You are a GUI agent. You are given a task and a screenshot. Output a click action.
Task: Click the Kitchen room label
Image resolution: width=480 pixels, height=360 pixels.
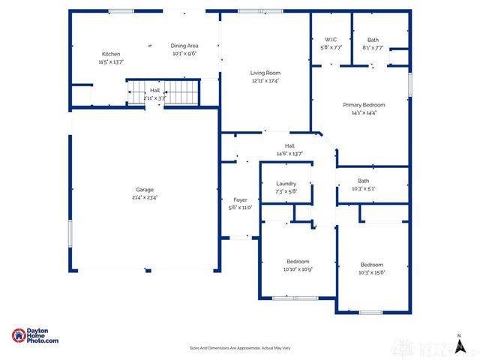pyautogui.click(x=111, y=54)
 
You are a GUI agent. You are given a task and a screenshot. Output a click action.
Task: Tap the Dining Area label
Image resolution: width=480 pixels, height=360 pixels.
pyautogui.click(x=183, y=46)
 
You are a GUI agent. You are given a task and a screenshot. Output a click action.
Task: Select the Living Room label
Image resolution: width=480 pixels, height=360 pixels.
pyautogui.click(x=265, y=73)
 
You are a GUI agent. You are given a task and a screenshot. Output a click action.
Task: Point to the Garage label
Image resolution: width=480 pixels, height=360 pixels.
pyautogui.click(x=145, y=189)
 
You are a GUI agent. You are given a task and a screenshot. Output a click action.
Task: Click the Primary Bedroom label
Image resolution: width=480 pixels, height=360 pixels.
pyautogui.click(x=364, y=105)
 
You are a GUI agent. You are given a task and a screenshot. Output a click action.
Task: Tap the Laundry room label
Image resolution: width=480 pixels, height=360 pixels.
pyautogui.click(x=286, y=184)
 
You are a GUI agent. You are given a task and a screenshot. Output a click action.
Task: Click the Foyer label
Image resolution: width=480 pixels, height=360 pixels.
pyautogui.click(x=240, y=200)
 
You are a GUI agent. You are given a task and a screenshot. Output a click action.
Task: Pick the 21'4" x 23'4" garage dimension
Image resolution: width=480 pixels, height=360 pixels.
pyautogui.click(x=145, y=197)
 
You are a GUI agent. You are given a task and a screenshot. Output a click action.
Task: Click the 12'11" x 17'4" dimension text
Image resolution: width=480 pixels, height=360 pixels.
pyautogui.click(x=265, y=81)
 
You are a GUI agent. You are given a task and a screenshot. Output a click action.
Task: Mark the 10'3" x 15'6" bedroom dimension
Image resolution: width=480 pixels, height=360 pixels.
pyautogui.click(x=372, y=273)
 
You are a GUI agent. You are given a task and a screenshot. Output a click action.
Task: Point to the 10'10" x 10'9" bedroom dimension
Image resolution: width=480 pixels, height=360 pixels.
pyautogui.click(x=297, y=268)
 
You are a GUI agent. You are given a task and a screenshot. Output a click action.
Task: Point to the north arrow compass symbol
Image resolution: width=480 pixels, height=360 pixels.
pyautogui.click(x=458, y=343)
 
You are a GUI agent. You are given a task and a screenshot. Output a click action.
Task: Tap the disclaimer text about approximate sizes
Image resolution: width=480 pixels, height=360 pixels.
pyautogui.click(x=240, y=348)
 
